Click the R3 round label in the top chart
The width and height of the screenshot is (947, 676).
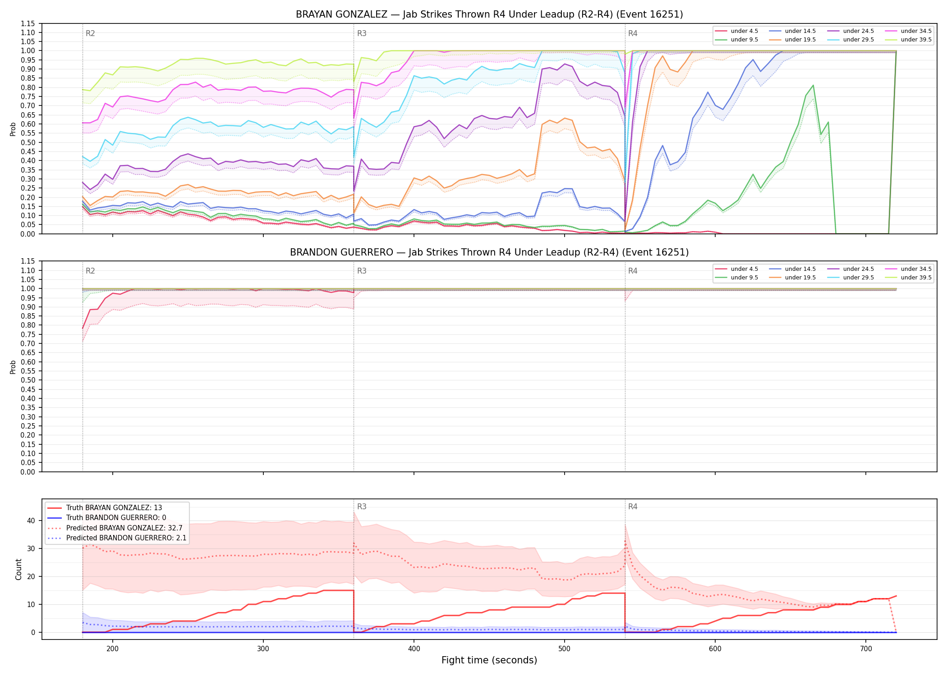point(362,33)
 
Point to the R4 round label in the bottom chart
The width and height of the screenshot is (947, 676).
point(633,507)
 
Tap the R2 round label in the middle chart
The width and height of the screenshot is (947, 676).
point(90,271)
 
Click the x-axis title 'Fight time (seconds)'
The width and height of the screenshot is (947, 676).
point(489,660)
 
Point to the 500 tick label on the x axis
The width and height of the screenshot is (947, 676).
point(565,649)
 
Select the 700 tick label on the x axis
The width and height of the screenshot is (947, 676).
point(866,649)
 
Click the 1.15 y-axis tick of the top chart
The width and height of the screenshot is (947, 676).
point(28,23)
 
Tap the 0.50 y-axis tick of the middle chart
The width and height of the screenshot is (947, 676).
point(28,380)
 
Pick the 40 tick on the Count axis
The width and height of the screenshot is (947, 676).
point(31,521)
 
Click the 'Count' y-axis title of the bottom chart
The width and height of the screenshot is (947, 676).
point(18,569)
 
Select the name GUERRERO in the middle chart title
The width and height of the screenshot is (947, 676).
point(369,252)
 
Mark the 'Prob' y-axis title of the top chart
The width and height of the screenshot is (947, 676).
point(13,129)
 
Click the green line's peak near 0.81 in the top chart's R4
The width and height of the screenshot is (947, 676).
point(813,85)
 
